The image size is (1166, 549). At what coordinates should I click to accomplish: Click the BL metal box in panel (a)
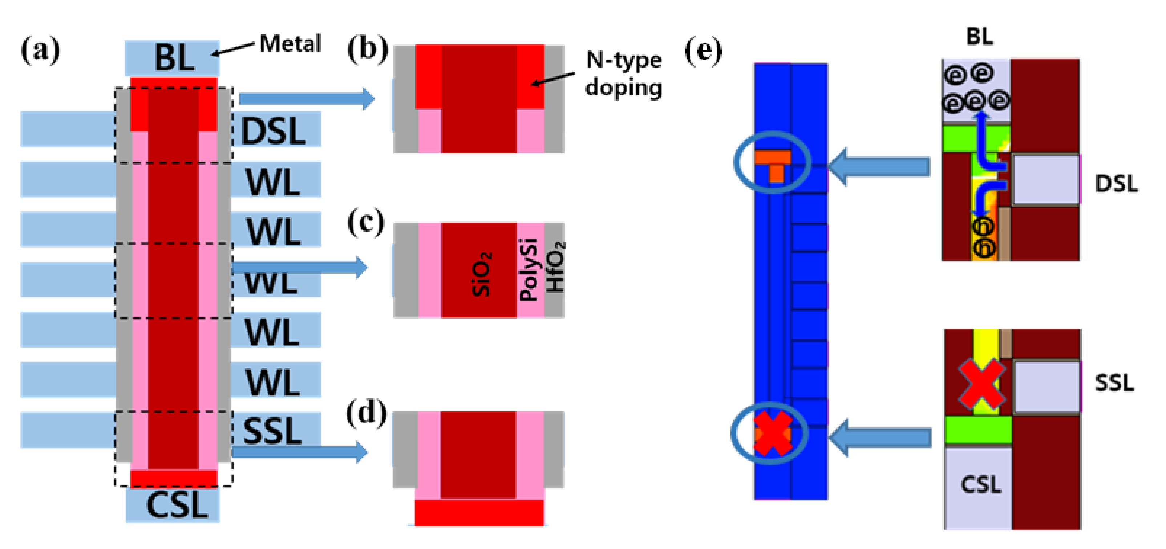[172, 58]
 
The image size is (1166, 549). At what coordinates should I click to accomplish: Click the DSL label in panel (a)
[273, 131]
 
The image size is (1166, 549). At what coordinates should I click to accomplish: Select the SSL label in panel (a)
[272, 431]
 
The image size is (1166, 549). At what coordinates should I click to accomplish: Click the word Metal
[290, 44]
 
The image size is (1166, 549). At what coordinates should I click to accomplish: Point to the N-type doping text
[623, 73]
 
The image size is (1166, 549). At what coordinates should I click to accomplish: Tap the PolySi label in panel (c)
[529, 270]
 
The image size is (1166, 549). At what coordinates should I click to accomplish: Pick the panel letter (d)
[366, 413]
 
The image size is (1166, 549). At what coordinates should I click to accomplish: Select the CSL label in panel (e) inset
[980, 485]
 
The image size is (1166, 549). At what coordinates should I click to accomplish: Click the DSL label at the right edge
[1116, 184]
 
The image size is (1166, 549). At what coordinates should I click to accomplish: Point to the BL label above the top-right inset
[980, 36]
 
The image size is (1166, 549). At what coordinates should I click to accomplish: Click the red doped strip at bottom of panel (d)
[479, 512]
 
